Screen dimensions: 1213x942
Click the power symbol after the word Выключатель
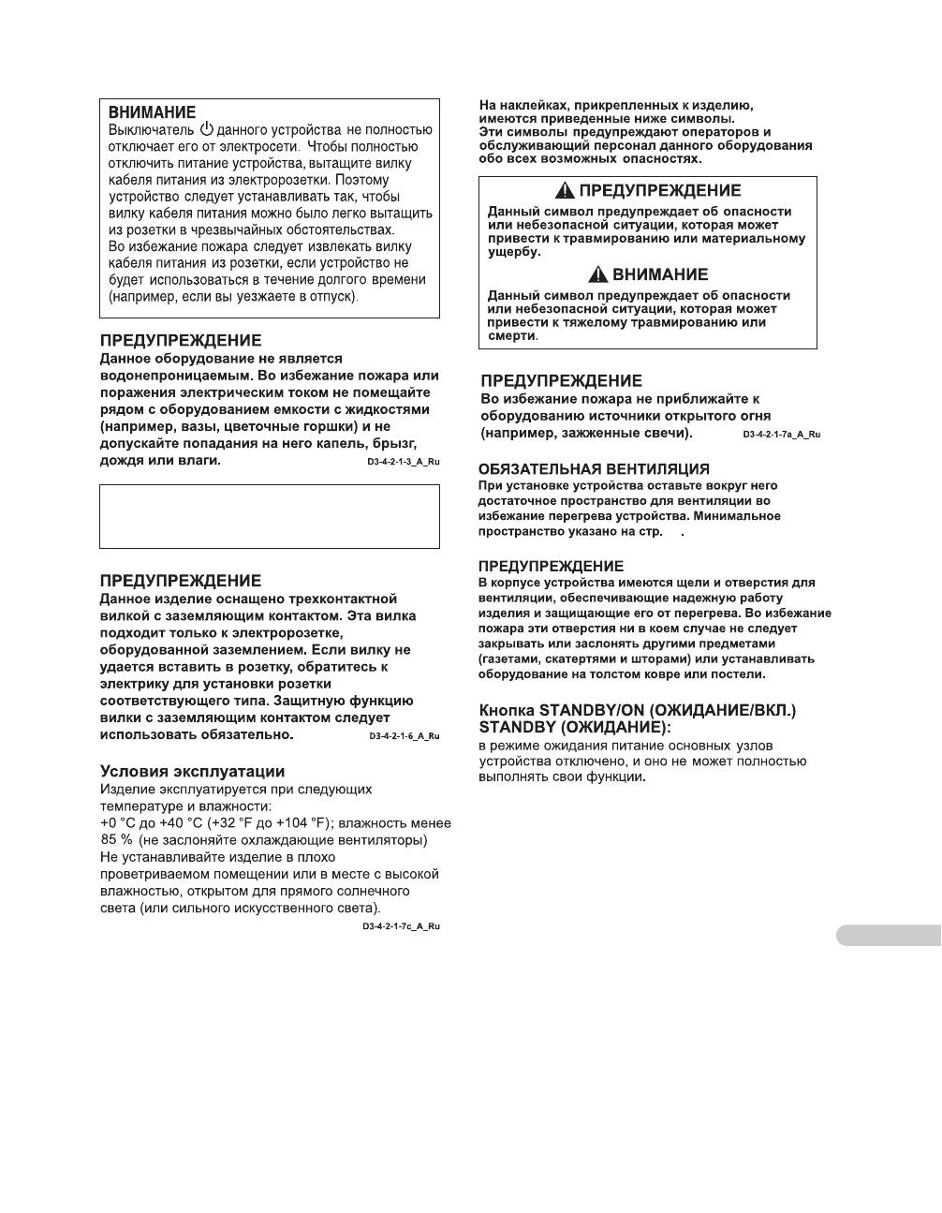click(x=207, y=129)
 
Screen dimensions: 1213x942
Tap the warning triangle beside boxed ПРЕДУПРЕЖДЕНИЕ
click(x=565, y=191)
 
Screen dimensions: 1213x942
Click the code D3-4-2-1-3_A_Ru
click(x=404, y=463)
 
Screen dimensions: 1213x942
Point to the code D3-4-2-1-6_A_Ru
click(x=404, y=736)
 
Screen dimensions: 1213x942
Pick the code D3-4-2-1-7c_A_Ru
click(x=401, y=926)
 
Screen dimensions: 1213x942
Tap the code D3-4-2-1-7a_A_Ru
click(x=781, y=435)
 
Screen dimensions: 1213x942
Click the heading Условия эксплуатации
click(x=192, y=772)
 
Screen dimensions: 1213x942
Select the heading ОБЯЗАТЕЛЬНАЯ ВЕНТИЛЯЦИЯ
click(x=594, y=469)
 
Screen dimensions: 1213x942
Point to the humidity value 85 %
click(x=116, y=840)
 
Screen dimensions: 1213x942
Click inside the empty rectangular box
click(x=270, y=516)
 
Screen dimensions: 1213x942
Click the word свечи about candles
click(x=667, y=433)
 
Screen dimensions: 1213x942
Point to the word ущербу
click(x=514, y=252)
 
